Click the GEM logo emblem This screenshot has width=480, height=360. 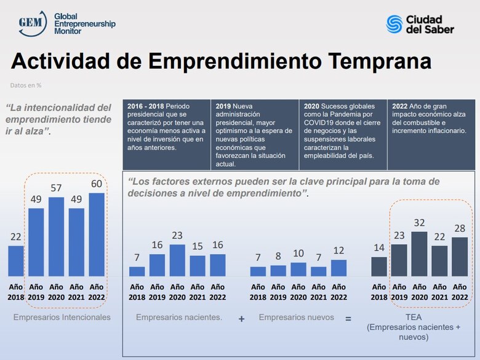[x=31, y=23]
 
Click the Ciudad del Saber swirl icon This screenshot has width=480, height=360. [x=394, y=24]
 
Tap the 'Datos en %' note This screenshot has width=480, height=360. [x=26, y=86]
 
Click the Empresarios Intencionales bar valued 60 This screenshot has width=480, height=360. [x=97, y=234]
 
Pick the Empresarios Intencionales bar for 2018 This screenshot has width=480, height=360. [x=16, y=260]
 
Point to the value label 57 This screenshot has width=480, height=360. [x=56, y=188]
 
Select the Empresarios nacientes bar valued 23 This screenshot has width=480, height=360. [x=177, y=260]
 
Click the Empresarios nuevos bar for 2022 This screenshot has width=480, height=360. [x=338, y=267]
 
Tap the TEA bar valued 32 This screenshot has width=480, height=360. [x=419, y=253]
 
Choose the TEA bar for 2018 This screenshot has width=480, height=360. [x=379, y=266]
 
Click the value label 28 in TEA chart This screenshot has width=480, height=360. [x=459, y=228]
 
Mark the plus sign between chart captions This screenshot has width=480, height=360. [x=241, y=319]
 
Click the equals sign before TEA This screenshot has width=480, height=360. [x=348, y=319]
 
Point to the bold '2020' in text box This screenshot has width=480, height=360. [x=312, y=106]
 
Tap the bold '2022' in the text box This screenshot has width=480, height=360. [x=400, y=106]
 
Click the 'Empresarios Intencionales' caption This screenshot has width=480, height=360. [x=62, y=317]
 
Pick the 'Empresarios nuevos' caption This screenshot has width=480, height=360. [x=297, y=317]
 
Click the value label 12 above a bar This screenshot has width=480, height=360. [x=338, y=250]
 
